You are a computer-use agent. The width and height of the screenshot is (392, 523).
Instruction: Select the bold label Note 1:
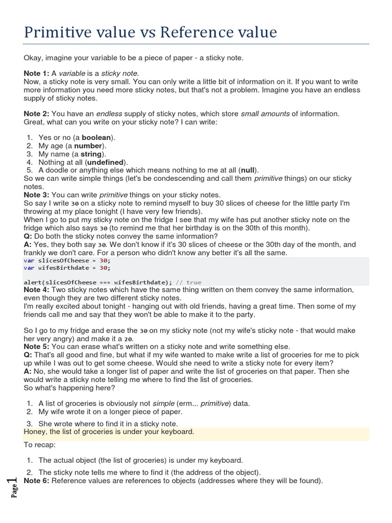tap(37, 74)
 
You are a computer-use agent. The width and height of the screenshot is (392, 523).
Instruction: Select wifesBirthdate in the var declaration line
tap(63, 267)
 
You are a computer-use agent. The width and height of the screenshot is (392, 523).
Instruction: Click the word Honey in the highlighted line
tap(34, 432)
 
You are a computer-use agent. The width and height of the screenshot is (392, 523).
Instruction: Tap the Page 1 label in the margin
tap(13, 487)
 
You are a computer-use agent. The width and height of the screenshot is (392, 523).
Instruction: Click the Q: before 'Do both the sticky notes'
tap(28, 236)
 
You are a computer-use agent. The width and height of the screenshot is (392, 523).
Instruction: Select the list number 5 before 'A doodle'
tap(30, 170)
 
